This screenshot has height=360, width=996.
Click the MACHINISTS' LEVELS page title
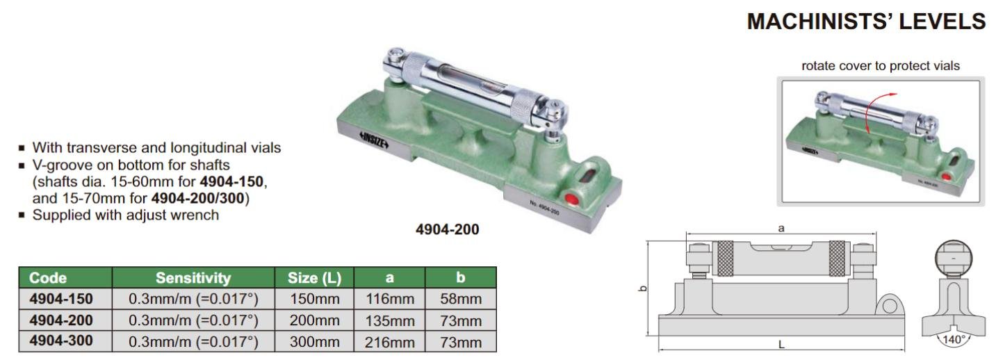pos(866,22)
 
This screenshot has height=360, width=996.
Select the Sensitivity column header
pos(193,278)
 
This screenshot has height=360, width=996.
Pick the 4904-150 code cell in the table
pos(61,299)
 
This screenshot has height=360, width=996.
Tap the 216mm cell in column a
pos(390,342)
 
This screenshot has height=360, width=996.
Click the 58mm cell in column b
pos(461,299)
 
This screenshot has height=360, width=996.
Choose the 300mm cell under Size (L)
pos(315,342)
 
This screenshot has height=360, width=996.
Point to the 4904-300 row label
pos(61,341)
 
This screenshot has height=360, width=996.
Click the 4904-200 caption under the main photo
pos(448,229)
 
